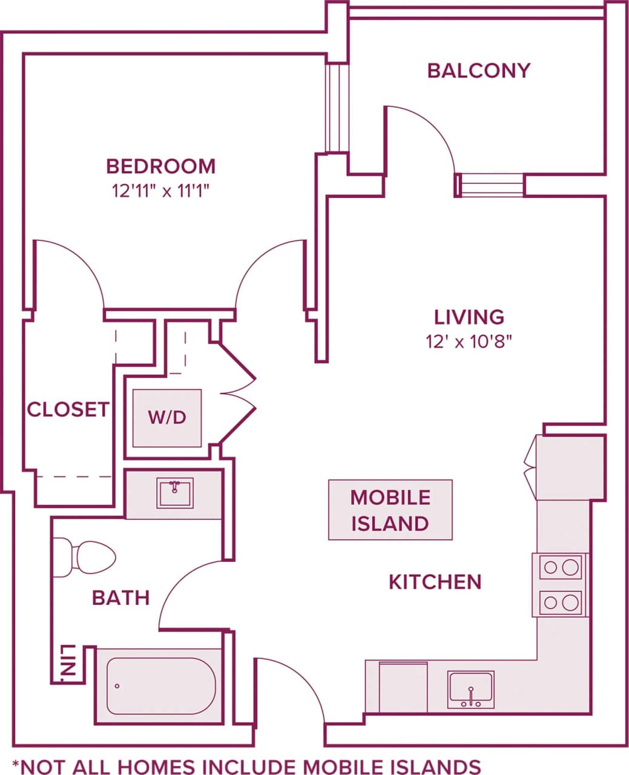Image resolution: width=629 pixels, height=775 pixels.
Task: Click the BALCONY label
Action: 478,71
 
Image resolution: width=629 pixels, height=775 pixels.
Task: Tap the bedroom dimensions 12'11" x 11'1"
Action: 160,192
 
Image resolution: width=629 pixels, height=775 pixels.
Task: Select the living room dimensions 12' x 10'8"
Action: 469,342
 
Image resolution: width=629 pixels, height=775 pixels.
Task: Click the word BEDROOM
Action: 160,166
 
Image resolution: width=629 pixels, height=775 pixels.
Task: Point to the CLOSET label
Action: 68,410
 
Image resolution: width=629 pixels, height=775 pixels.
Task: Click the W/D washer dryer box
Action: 167,418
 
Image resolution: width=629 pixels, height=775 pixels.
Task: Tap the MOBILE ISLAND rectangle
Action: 390,510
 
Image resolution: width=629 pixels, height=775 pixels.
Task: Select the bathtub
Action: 160,686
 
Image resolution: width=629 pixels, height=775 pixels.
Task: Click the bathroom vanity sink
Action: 175,493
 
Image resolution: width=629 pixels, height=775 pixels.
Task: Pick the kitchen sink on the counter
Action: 470,689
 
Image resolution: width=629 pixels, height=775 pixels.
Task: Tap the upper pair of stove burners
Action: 561,567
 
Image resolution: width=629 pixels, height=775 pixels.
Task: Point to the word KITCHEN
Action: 435,582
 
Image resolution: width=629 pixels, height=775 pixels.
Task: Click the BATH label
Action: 120,598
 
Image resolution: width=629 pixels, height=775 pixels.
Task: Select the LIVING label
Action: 469,317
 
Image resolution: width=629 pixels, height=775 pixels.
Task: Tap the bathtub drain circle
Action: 117,686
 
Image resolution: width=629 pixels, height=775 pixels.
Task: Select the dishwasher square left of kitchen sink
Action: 403,687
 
